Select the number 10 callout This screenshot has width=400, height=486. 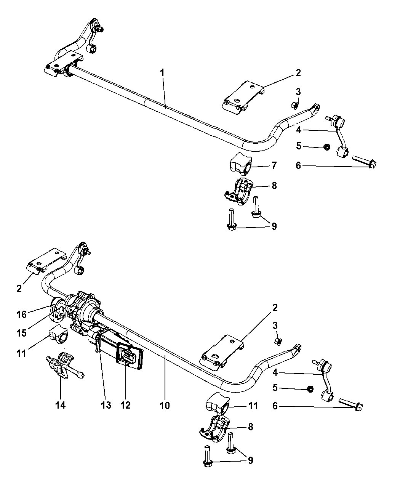(165, 405)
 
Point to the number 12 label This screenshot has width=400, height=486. (125, 405)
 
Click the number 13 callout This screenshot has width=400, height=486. (106, 405)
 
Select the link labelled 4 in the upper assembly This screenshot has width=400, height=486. (338, 137)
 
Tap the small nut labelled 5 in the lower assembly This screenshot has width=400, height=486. (310, 389)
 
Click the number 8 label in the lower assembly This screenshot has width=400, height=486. (250, 427)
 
